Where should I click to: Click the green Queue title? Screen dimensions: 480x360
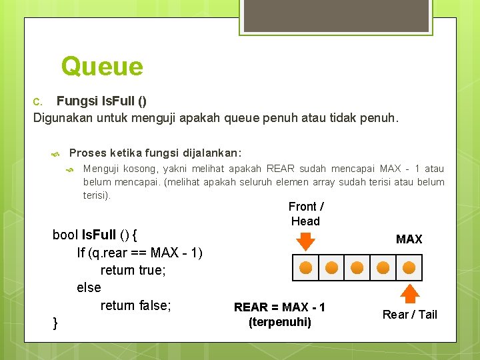coord(102,66)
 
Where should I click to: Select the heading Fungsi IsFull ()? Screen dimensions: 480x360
coord(101,101)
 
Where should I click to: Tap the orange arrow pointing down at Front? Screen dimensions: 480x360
coord(305,241)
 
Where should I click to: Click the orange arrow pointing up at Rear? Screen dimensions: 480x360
coord(409,294)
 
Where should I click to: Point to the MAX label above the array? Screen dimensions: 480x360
coord(409,239)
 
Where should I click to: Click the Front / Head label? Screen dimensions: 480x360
coord(306,214)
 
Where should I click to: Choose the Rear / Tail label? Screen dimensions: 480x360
coord(409,315)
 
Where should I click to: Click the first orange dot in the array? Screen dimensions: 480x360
coord(305,267)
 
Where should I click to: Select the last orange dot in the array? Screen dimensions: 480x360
coord(409,267)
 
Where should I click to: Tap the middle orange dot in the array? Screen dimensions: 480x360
coord(357,267)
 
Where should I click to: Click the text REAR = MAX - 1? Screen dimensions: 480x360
coord(279,307)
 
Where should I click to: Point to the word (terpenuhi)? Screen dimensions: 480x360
coord(280,322)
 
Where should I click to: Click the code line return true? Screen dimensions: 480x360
coord(133,270)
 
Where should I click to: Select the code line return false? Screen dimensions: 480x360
coord(135,305)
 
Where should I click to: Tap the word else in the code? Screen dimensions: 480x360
coord(89,287)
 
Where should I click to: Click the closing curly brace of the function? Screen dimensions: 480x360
coord(55,323)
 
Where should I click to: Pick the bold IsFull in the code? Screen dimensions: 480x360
coord(99,235)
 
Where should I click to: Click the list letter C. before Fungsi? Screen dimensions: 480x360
coord(37,101)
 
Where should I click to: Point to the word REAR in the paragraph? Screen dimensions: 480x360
coord(281,169)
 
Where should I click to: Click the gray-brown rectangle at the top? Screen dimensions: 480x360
coord(336,15)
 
